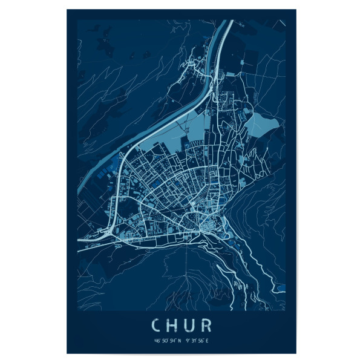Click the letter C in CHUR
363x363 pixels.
(155, 326)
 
